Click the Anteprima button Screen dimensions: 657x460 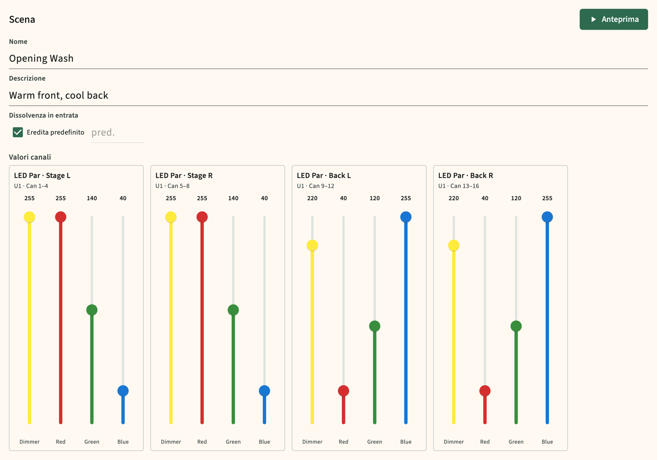(x=613, y=19)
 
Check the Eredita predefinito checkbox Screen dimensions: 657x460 (x=18, y=132)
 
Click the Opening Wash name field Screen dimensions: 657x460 (x=328, y=58)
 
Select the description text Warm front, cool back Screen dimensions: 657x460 (x=59, y=95)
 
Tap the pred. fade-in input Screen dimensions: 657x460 (x=117, y=133)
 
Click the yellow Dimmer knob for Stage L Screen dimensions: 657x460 (x=30, y=217)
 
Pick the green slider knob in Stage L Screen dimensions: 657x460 (x=92, y=310)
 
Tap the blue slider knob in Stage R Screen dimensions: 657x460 (x=264, y=391)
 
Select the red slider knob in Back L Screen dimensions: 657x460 (x=343, y=391)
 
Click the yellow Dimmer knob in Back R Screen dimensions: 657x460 (x=454, y=245)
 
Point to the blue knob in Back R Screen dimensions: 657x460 (x=547, y=217)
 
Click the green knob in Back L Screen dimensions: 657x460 (x=374, y=326)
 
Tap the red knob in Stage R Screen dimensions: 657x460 (x=202, y=217)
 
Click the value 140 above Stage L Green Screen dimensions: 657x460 (x=92, y=198)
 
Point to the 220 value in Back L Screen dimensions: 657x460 (x=312, y=198)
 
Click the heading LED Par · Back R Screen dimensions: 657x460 (x=466, y=175)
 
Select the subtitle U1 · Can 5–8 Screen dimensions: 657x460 (x=172, y=186)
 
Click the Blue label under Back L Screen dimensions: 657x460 (x=406, y=442)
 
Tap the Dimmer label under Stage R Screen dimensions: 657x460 (x=171, y=442)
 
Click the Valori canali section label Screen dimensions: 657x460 (x=30, y=157)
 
